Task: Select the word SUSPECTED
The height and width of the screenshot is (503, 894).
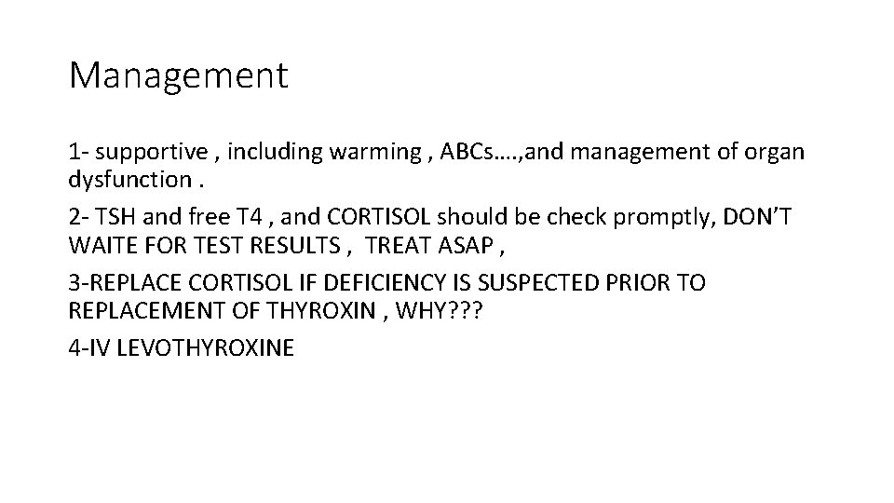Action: tap(538, 282)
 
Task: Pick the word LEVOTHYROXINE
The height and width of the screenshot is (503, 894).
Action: tap(200, 348)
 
